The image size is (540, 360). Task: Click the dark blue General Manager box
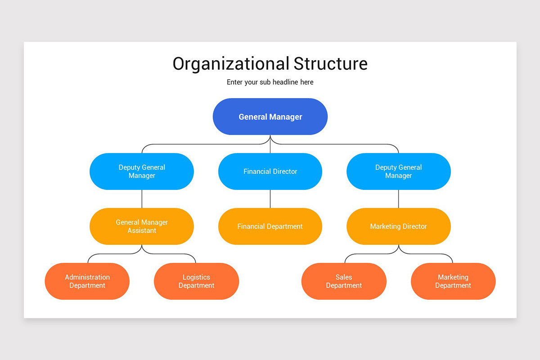pyautogui.click(x=270, y=117)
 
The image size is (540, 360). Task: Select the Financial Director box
pyautogui.click(x=270, y=171)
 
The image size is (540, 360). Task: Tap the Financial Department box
pyautogui.click(x=270, y=226)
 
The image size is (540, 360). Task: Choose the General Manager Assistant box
pyautogui.click(x=142, y=226)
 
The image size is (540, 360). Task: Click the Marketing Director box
pyautogui.click(x=398, y=226)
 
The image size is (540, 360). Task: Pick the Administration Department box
pyautogui.click(x=87, y=281)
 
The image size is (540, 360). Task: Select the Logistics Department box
pyautogui.click(x=196, y=281)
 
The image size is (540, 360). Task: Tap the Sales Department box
pyautogui.click(x=344, y=281)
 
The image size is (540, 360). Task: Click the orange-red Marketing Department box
pyautogui.click(x=453, y=281)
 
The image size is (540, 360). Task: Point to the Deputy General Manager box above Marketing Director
pyautogui.click(x=398, y=171)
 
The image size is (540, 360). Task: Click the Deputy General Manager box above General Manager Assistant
pyautogui.click(x=142, y=171)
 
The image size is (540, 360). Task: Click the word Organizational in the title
pyautogui.click(x=231, y=63)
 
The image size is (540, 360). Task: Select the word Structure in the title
pyautogui.click(x=331, y=63)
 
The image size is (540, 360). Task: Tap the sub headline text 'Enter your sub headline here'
pyautogui.click(x=270, y=82)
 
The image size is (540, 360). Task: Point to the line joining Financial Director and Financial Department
pyautogui.click(x=270, y=199)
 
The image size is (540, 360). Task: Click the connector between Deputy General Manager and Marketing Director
pyautogui.click(x=399, y=199)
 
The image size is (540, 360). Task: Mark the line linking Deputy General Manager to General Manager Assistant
pyautogui.click(x=142, y=199)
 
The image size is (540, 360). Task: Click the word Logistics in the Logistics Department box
pyautogui.click(x=196, y=277)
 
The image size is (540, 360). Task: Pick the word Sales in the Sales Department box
pyautogui.click(x=344, y=277)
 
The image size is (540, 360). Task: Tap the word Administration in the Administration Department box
pyautogui.click(x=87, y=277)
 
